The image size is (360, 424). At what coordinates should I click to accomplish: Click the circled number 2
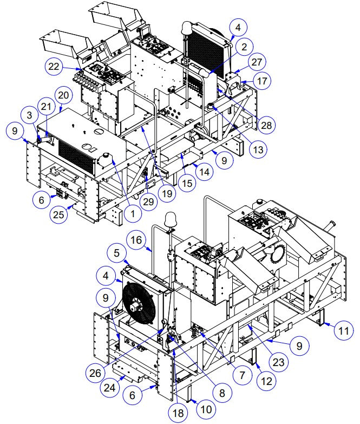(x=244, y=47)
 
